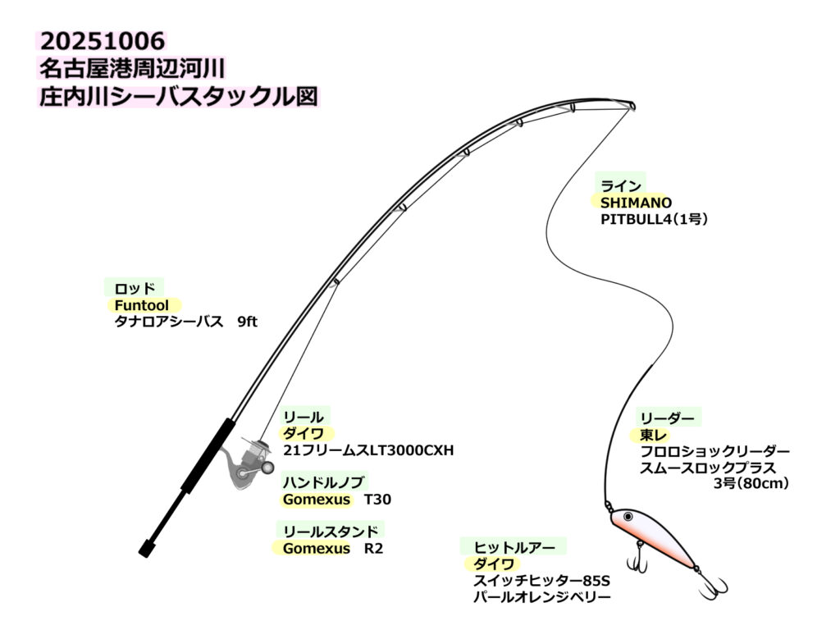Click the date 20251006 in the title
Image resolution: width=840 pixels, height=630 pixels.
tap(103, 40)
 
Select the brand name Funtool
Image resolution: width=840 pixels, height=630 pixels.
tap(142, 305)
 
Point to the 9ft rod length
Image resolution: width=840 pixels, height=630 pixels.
tap(246, 322)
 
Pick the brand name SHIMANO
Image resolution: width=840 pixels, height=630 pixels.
tap(636, 203)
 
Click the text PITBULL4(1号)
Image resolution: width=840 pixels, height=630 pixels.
tap(654, 220)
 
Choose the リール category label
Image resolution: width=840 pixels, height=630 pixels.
tap(304, 418)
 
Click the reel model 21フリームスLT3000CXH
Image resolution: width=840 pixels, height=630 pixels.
tap(368, 450)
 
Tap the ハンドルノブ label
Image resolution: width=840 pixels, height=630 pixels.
tap(324, 482)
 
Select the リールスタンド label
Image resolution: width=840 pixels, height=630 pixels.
tap(331, 531)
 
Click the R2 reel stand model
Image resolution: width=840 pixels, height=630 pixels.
tap(373, 548)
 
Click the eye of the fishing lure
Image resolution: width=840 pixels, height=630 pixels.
tap(628, 517)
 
